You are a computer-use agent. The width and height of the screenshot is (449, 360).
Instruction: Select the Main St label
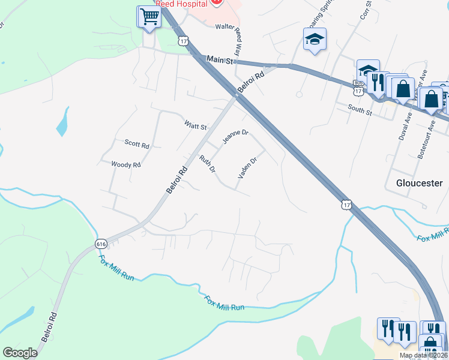pyautogui.click(x=218, y=59)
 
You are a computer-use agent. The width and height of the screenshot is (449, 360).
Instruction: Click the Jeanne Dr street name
pyautogui.click(x=235, y=137)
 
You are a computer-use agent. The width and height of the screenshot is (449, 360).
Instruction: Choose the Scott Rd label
pyautogui.click(x=137, y=143)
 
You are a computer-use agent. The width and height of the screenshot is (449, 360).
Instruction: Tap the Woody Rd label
pyautogui.click(x=126, y=164)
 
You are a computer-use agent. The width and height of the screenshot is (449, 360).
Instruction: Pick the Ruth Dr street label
pyautogui.click(x=208, y=164)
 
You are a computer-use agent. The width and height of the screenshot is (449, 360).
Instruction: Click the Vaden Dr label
pyautogui.click(x=247, y=169)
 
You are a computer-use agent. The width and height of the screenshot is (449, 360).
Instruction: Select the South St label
pyautogui.click(x=361, y=110)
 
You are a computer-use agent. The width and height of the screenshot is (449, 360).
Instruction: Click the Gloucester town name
pyautogui.click(x=419, y=182)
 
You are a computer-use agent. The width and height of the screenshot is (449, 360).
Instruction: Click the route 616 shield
pyautogui.click(x=101, y=244)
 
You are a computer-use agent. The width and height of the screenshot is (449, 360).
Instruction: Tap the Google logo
pyautogui.click(x=20, y=353)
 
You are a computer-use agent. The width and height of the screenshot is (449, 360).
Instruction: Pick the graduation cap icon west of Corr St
pyautogui.click(x=315, y=40)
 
